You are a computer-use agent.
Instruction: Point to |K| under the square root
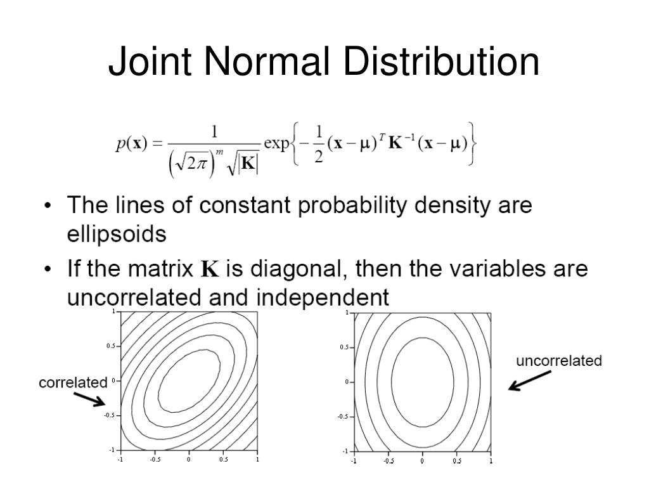click(248, 164)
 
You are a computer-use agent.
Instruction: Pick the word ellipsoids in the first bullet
click(117, 234)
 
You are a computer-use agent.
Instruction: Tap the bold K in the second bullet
click(210, 269)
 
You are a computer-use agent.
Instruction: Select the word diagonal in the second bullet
click(298, 269)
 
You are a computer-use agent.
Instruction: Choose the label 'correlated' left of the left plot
click(73, 382)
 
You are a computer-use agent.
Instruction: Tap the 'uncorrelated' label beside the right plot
click(558, 361)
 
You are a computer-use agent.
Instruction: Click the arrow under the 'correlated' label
click(89, 398)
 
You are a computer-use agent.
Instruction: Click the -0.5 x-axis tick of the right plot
click(388, 462)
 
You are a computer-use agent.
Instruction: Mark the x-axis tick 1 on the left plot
click(257, 460)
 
